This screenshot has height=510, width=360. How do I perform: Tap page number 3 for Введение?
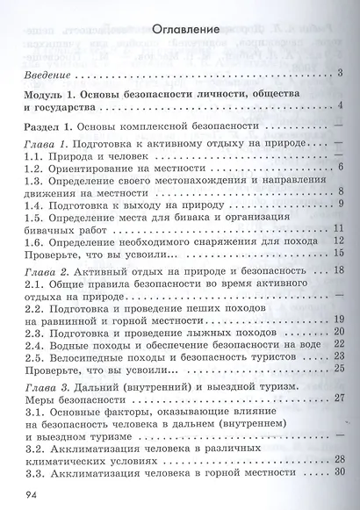339,72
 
